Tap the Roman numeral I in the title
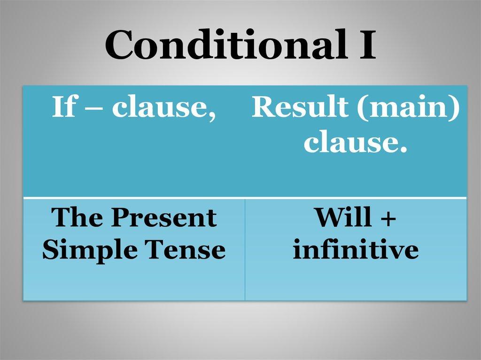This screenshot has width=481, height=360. [367, 44]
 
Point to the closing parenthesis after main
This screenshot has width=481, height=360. [455, 107]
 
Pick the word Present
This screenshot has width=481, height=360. [164, 217]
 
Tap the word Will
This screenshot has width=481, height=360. [342, 217]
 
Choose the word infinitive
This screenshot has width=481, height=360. [356, 249]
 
